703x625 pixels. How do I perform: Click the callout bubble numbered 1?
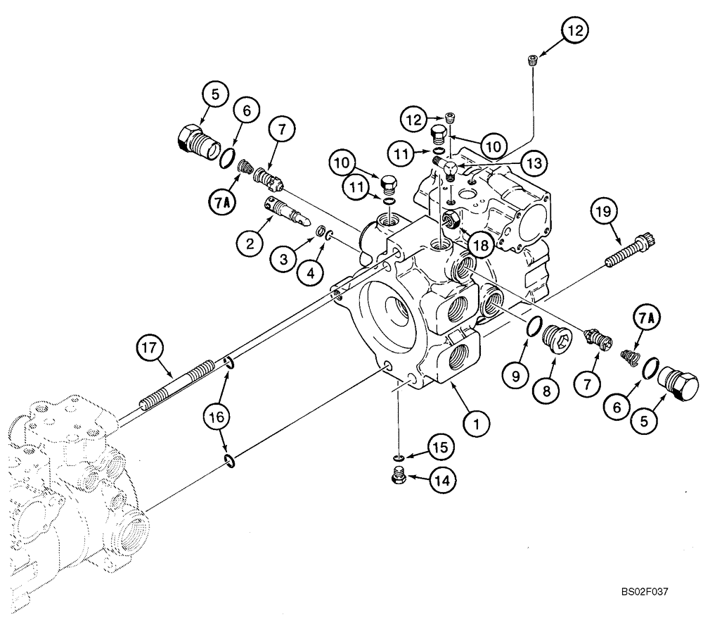(x=476, y=423)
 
